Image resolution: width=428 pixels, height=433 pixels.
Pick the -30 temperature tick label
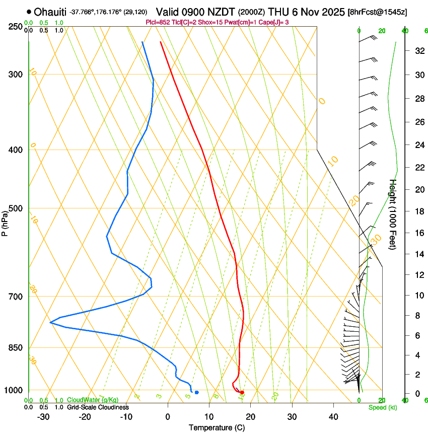(x=43, y=416)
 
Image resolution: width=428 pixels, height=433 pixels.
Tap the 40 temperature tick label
(x=333, y=416)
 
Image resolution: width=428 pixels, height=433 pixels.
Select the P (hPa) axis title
(x=5, y=222)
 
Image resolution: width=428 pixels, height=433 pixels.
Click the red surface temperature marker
(x=242, y=392)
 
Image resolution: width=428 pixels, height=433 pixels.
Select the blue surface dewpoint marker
(x=196, y=392)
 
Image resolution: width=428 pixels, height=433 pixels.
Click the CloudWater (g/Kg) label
(x=90, y=400)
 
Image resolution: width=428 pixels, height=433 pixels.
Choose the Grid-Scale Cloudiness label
(x=97, y=407)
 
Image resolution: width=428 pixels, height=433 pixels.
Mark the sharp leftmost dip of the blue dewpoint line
(x=51, y=322)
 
